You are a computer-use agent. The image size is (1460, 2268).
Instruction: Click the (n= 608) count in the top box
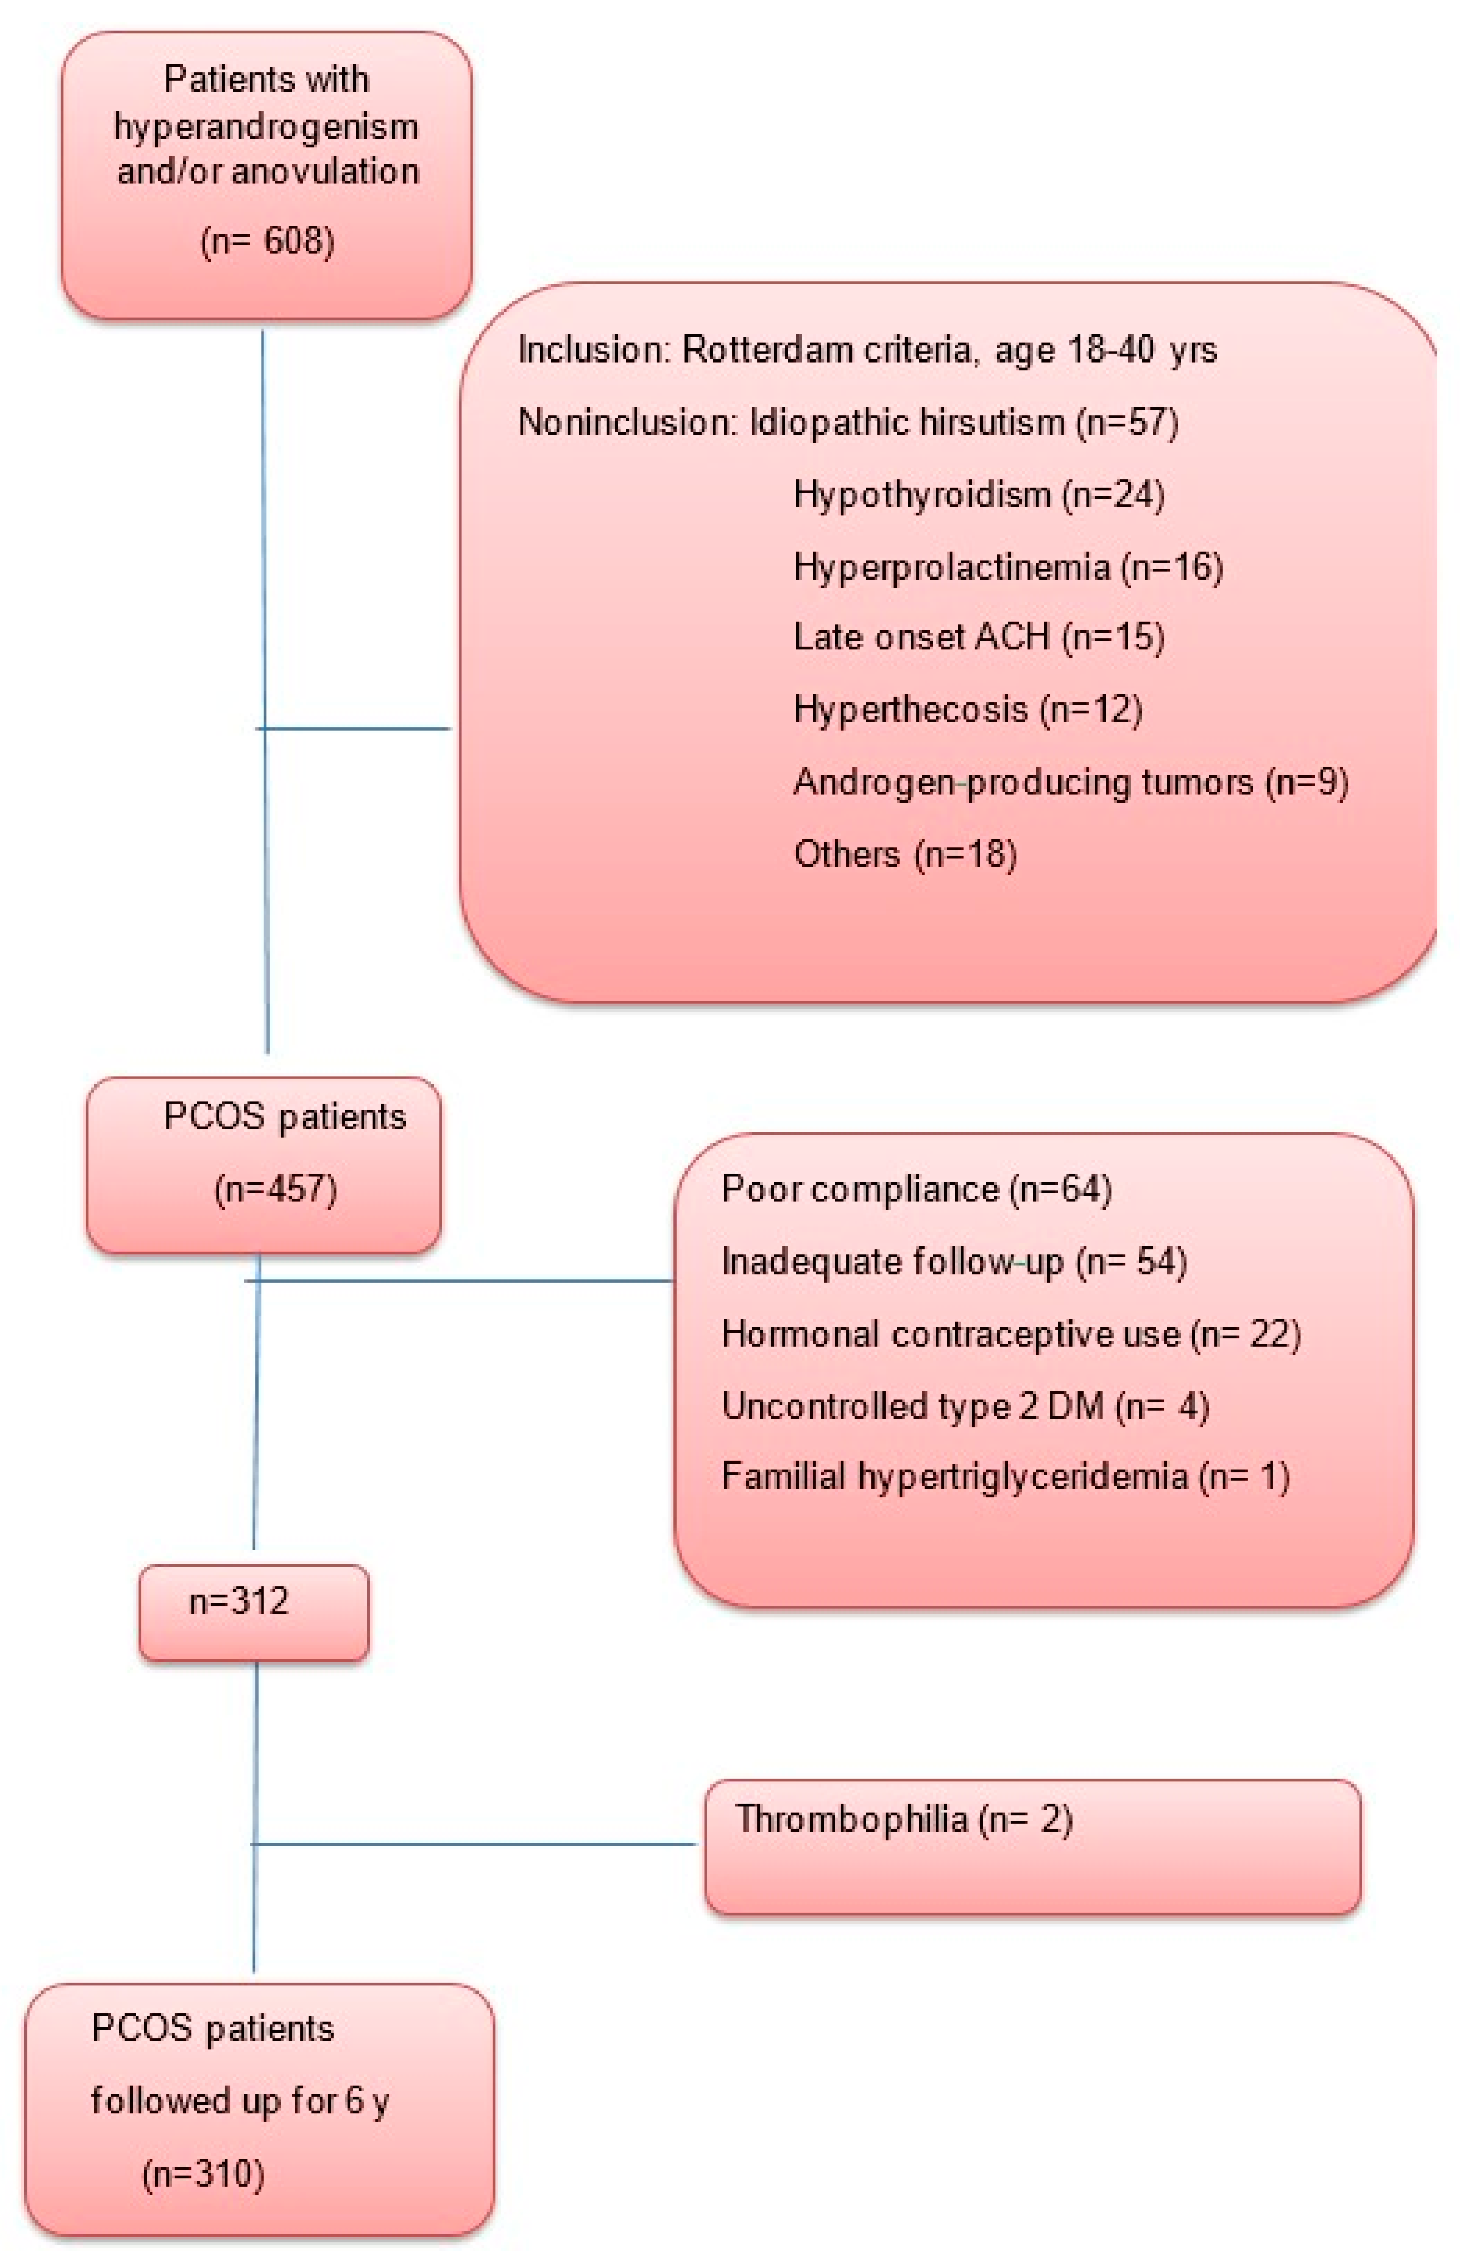tap(267, 241)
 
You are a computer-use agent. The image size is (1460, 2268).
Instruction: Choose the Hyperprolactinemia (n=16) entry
tap(1008, 567)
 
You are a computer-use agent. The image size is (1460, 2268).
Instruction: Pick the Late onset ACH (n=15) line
tap(978, 637)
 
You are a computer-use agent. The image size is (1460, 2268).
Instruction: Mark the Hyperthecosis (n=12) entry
tap(967, 709)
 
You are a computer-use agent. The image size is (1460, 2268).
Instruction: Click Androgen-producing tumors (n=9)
tap(1070, 782)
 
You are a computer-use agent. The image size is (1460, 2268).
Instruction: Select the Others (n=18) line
tap(904, 854)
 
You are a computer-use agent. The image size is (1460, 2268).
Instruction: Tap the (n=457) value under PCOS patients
tap(275, 1189)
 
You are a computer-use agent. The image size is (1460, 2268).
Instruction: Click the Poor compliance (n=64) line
tap(916, 1189)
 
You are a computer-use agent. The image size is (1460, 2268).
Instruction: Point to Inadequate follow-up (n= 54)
tap(954, 1262)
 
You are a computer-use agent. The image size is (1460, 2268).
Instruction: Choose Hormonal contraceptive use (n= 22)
tap(1011, 1334)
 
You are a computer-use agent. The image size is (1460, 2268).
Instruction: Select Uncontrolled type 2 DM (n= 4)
tap(965, 1405)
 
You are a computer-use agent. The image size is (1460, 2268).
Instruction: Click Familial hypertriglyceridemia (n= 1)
tap(1005, 1476)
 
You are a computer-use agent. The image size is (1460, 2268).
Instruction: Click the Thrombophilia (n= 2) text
tap(903, 1819)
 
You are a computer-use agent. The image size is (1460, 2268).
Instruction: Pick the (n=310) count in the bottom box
tap(203, 2173)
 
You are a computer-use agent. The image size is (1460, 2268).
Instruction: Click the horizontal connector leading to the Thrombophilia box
tap(474, 1844)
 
